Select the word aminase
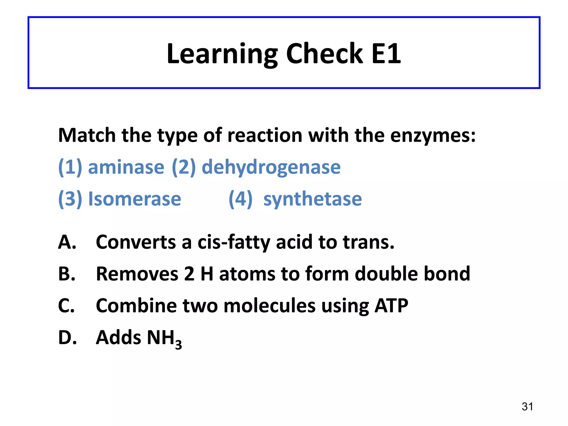coord(126,167)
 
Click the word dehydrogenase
coord(271,167)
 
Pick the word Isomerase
coord(135,199)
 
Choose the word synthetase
coord(313,199)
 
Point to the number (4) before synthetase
coord(240,199)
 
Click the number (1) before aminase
coord(70,167)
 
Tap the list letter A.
coord(67,242)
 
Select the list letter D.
coord(67,338)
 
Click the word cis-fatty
coord(234,242)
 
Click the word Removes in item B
coord(137,274)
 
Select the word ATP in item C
coord(391,306)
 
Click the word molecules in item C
coord(270,306)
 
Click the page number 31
coord(527,407)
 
